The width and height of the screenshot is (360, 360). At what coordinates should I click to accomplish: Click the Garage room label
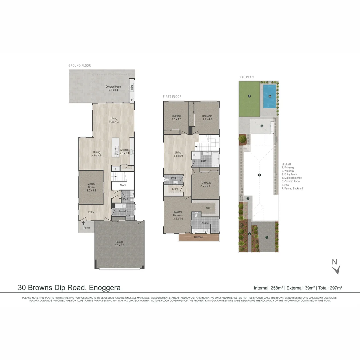119,243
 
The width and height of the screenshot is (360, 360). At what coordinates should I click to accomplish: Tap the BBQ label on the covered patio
132,87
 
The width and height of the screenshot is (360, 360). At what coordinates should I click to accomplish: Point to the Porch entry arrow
83,223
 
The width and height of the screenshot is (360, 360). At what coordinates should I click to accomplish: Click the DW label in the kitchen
116,154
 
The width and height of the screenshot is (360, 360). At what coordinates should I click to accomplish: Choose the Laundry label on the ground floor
123,211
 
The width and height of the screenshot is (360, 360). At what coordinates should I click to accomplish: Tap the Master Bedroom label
178,214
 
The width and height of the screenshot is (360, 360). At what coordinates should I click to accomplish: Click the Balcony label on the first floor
198,237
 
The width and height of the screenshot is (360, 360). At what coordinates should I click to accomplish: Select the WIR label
208,208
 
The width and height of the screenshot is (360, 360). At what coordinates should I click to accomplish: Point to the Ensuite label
204,223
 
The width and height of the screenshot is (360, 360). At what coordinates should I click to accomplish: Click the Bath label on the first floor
203,161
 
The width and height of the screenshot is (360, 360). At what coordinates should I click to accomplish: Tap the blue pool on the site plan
270,96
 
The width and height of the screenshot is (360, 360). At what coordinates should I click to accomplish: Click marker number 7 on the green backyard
249,96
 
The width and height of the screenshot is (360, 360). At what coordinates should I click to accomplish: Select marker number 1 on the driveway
267,237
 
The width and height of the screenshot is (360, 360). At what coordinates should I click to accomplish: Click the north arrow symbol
336,269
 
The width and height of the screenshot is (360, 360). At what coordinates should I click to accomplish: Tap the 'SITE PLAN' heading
246,77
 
